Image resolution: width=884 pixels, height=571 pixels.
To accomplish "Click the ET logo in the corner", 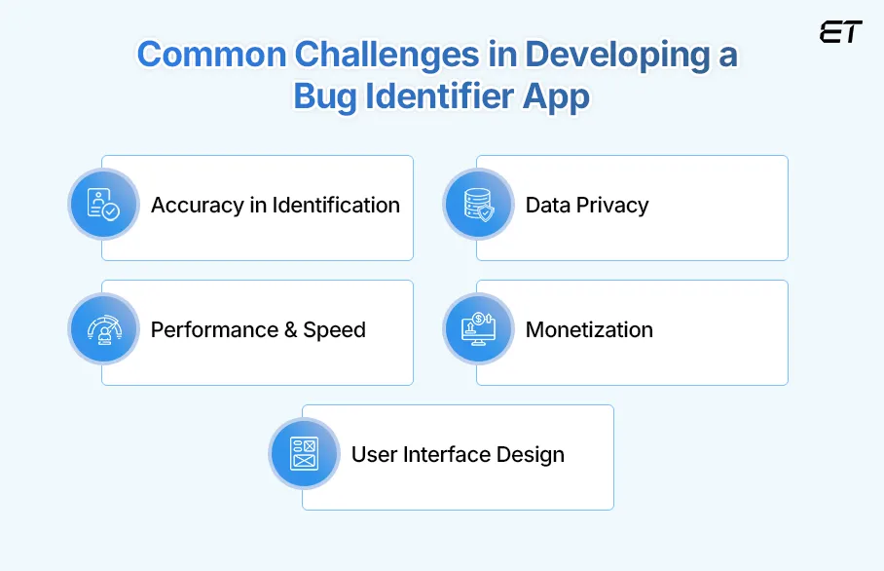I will click(x=840, y=31).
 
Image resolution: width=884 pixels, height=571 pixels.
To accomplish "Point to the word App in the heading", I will click(x=557, y=98).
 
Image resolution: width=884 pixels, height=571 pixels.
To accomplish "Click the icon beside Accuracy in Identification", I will click(x=102, y=205).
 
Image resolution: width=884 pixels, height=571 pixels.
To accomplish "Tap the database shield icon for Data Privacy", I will click(x=477, y=205).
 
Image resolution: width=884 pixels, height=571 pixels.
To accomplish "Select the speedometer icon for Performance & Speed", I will click(x=102, y=329).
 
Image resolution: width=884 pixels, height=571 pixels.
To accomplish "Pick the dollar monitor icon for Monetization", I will click(x=477, y=329).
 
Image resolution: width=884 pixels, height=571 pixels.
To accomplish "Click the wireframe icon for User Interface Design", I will click(x=304, y=454).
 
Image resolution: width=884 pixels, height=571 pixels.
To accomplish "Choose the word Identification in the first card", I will click(x=336, y=206).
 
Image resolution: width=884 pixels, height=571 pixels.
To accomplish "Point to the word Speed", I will click(x=334, y=330).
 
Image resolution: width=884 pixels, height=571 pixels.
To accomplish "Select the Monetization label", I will click(x=589, y=330).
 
